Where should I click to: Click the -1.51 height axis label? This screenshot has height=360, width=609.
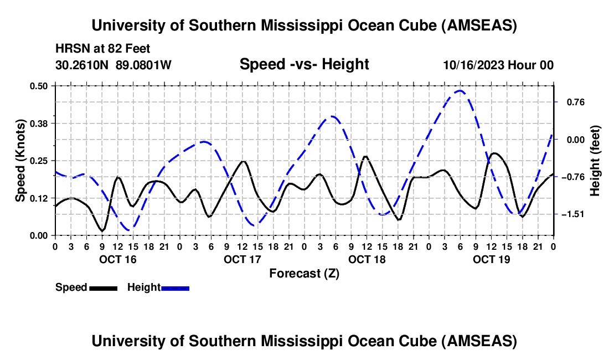pos(572,214)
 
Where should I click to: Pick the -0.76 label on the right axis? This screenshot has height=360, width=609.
pos(572,177)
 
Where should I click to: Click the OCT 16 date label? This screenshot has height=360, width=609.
pos(117,259)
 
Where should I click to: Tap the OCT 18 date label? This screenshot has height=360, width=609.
pos(367,259)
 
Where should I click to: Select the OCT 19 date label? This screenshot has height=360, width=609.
pos(492,259)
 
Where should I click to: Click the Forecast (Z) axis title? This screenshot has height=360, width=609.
pos(304,273)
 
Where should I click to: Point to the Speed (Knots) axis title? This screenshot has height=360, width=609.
pos(20,161)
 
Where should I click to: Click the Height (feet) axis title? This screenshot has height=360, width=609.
pos(595,161)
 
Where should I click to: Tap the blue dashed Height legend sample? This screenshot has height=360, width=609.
pos(176,287)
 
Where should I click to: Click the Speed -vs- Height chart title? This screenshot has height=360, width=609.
pos(304,64)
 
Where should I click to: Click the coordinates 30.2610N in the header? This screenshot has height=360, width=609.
pos(83,65)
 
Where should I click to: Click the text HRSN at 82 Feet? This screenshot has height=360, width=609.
pos(102,49)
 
